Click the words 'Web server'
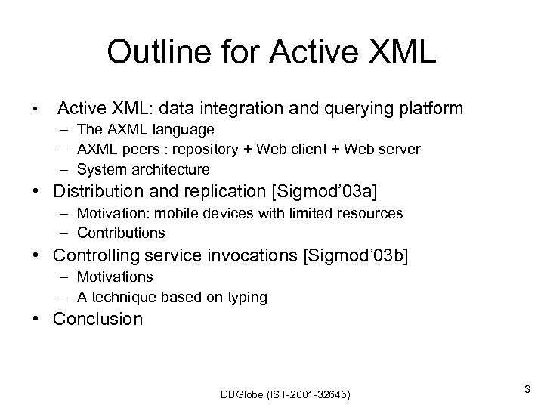coord(383,150)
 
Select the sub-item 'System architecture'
coord(144,169)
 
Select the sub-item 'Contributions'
coord(121,233)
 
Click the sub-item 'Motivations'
coord(115,278)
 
